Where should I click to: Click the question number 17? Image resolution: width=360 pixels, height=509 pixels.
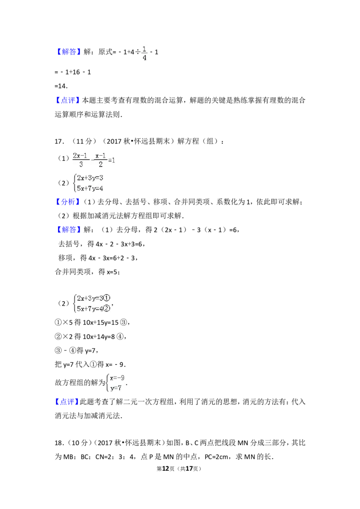pyautogui.click(x=58, y=141)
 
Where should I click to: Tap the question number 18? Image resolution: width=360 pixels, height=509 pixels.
pyautogui.click(x=58, y=443)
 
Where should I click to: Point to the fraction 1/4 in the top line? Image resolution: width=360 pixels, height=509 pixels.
pyautogui.click(x=144, y=54)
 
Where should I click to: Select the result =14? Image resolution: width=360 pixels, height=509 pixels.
pyautogui.click(x=61, y=86)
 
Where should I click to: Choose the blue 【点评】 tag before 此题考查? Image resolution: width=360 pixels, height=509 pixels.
pyautogui.click(x=67, y=402)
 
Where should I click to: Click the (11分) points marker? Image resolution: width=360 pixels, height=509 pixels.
pyautogui.click(x=84, y=141)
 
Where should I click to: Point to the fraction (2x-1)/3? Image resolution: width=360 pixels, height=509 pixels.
pyautogui.click(x=80, y=160)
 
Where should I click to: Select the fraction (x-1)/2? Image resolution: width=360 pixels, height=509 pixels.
pyautogui.click(x=101, y=160)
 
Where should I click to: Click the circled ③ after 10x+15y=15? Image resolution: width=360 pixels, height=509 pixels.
pyautogui.click(x=123, y=322)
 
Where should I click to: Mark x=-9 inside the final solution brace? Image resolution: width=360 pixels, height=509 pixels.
pyautogui.click(x=117, y=378)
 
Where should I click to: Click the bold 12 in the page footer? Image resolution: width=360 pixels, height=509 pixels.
pyautogui.click(x=166, y=469)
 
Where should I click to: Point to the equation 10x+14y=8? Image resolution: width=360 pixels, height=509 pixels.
pyautogui.click(x=99, y=337)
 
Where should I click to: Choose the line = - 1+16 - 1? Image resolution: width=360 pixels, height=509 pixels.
pyautogui.click(x=73, y=72)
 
